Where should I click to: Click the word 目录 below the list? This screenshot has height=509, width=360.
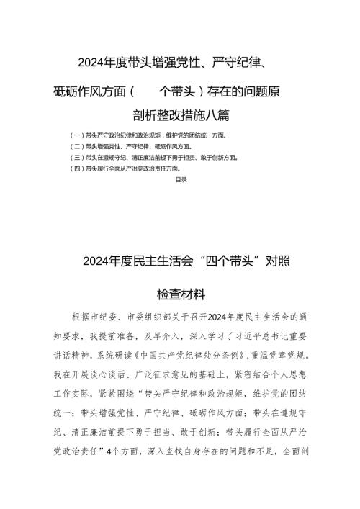(x=181, y=180)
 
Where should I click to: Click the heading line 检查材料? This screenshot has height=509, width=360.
(x=181, y=294)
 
